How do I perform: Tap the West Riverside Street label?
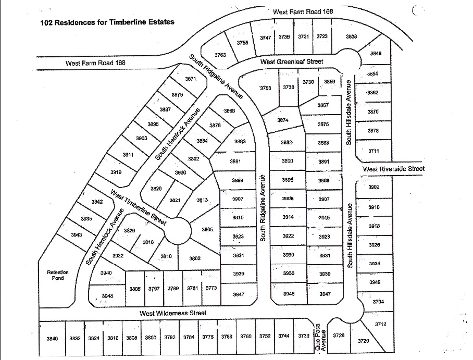click(394, 169)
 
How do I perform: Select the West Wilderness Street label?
click(172, 313)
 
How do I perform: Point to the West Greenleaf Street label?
click(292, 61)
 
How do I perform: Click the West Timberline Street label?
click(138, 207)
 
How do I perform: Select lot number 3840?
click(52, 338)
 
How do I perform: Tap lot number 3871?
click(190, 79)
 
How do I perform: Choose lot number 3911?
click(128, 155)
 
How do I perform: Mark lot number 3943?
click(77, 235)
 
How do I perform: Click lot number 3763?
click(220, 55)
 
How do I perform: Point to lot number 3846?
click(376, 53)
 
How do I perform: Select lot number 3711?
click(373, 151)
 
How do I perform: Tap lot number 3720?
click(363, 341)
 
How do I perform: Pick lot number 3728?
click(339, 336)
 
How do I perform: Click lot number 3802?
click(195, 258)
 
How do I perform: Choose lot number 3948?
click(107, 296)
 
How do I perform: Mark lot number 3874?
click(282, 120)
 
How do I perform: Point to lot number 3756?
click(266, 88)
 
